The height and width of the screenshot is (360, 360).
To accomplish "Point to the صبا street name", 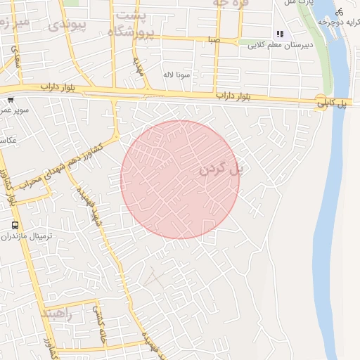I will click(213, 40).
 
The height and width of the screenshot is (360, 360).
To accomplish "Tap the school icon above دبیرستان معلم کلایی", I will click(280, 33).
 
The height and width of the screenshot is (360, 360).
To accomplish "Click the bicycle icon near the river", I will click(340, 11).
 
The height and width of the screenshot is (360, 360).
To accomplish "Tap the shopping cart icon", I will click(11, 100).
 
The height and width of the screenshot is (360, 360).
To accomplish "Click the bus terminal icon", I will click(15, 225).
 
